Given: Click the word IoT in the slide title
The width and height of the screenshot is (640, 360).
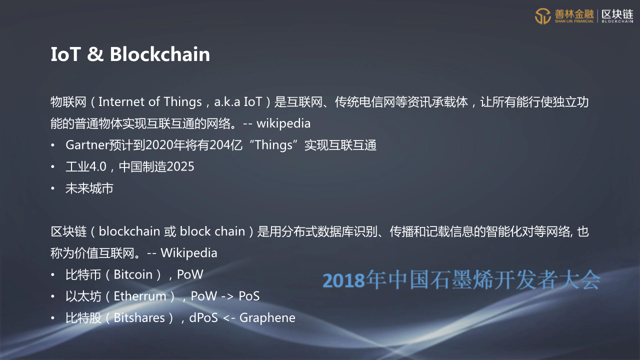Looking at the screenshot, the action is (x=65, y=54).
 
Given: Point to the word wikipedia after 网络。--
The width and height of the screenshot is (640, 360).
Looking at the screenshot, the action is (x=283, y=123).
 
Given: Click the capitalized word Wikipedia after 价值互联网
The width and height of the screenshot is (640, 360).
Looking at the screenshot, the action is (x=189, y=253).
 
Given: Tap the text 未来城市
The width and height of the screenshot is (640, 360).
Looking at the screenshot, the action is (x=89, y=188).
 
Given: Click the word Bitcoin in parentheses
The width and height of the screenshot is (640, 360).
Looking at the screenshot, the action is (x=133, y=274).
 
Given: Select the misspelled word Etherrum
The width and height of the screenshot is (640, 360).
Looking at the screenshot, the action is (x=140, y=296).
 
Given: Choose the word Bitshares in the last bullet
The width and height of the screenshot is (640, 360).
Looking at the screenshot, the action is (x=139, y=318).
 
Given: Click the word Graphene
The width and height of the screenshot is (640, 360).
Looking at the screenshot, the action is (x=267, y=318).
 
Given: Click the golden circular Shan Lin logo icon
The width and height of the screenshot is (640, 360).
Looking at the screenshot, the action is (x=543, y=16).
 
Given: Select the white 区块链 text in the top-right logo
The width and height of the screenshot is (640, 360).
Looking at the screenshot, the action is (x=617, y=14).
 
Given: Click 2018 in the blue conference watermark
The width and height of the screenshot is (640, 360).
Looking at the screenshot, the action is (x=344, y=280).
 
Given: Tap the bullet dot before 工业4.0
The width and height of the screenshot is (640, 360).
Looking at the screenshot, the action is (x=52, y=167).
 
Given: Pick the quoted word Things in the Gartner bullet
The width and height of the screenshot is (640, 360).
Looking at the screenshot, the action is (x=273, y=145).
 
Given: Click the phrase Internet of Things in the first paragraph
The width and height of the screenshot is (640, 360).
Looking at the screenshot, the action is (x=150, y=102).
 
